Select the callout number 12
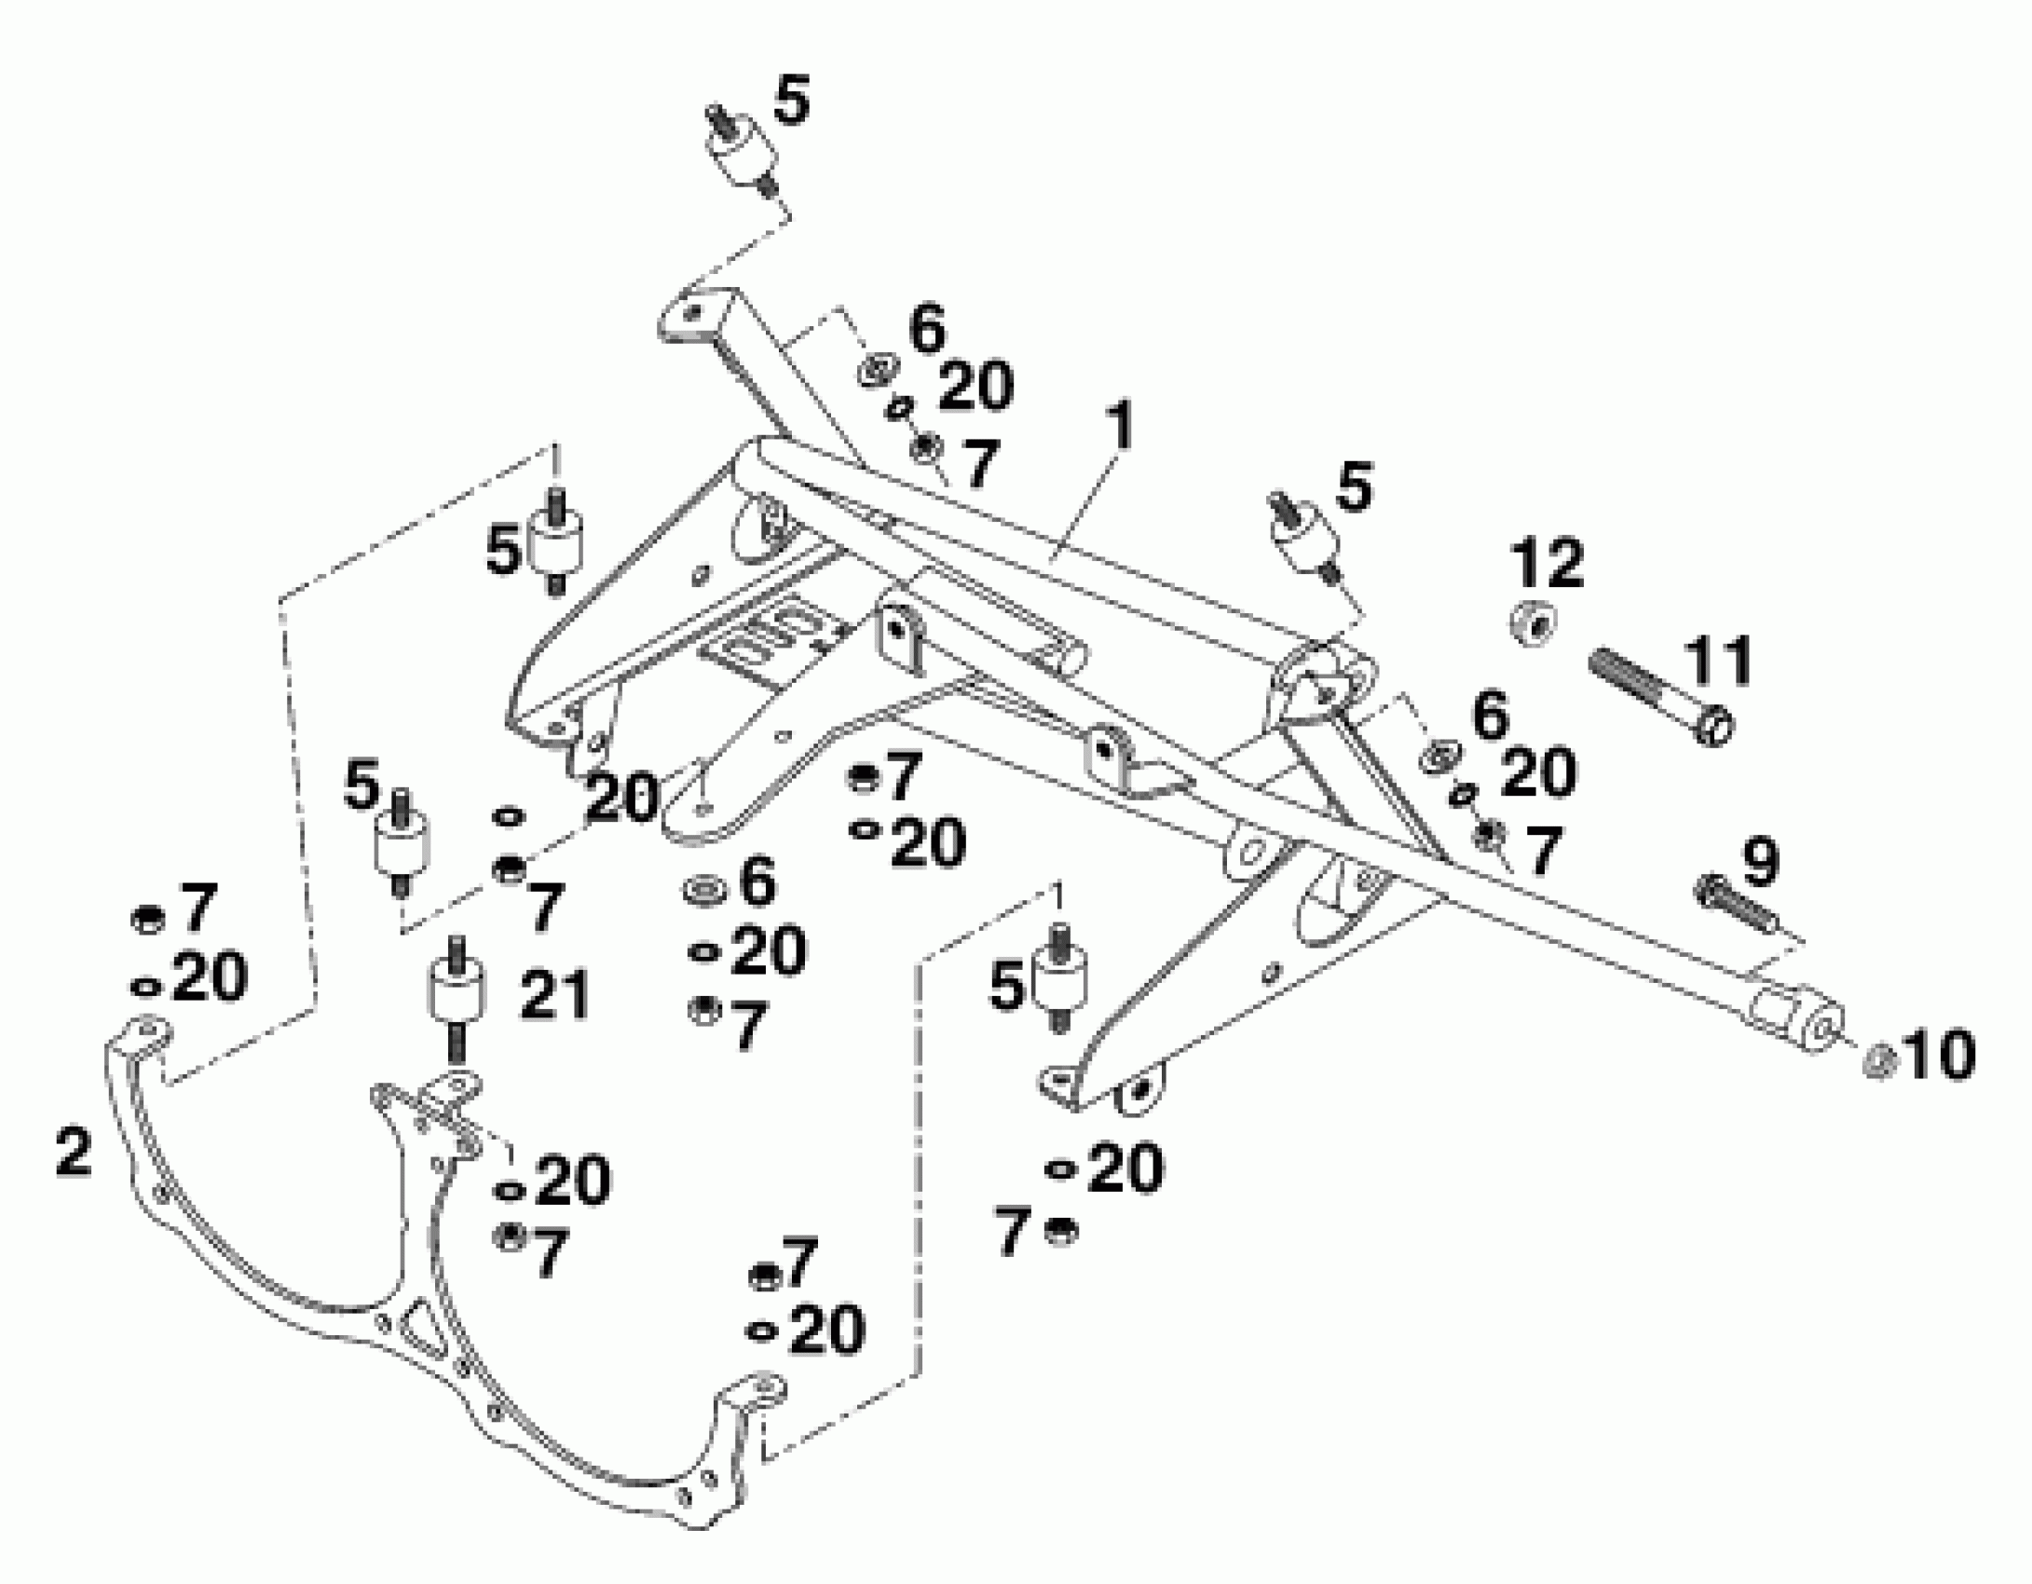[1548, 562]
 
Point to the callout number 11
[1719, 660]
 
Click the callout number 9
[1758, 862]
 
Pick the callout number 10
[1938, 1056]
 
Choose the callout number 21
[555, 994]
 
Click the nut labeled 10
[1878, 1062]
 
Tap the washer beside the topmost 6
[876, 370]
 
